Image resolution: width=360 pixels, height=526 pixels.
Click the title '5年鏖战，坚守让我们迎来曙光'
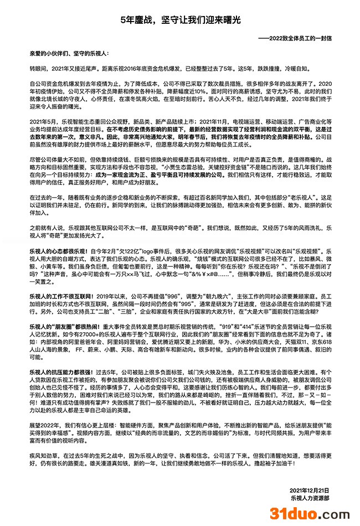[x=180, y=20]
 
